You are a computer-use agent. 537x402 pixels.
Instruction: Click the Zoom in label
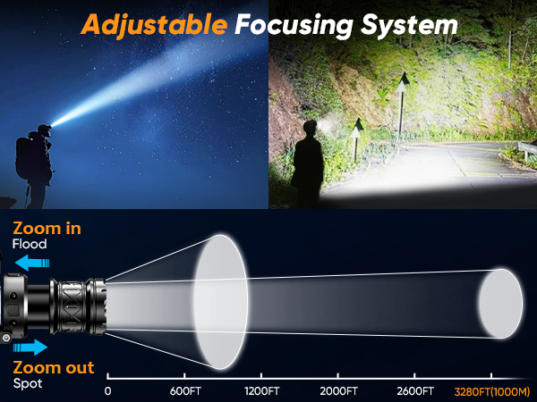click(47, 229)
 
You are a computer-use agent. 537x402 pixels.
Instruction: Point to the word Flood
click(29, 244)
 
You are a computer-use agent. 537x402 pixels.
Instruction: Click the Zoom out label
click(52, 368)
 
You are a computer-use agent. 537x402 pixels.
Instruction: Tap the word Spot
click(27, 383)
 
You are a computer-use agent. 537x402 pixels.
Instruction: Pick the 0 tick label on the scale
click(108, 390)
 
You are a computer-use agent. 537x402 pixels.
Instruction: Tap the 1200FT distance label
click(262, 390)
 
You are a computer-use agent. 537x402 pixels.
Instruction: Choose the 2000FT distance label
click(340, 390)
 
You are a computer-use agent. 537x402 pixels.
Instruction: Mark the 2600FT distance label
click(414, 390)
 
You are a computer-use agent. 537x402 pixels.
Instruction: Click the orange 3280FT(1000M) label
click(491, 390)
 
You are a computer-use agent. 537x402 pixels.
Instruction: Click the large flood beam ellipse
click(218, 302)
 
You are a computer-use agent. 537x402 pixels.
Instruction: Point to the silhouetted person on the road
click(309, 161)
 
